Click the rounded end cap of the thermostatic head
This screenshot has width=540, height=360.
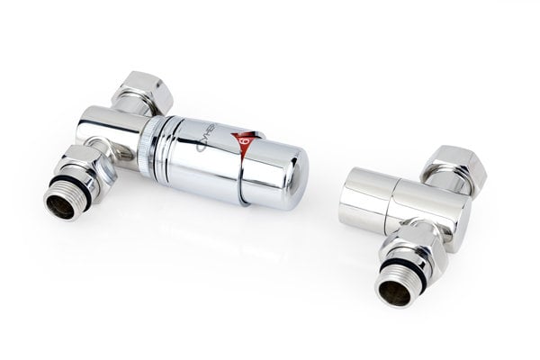(x=282, y=175)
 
